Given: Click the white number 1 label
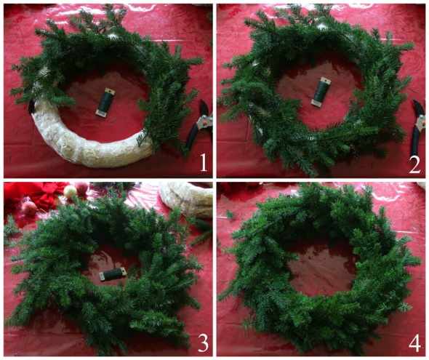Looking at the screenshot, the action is pyautogui.click(x=203, y=162).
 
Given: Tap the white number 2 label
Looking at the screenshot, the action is pyautogui.click(x=414, y=164).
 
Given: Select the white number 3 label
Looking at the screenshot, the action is pyautogui.click(x=203, y=343).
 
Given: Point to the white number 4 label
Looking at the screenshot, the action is pyautogui.click(x=414, y=343).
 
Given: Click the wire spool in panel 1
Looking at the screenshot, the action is pyautogui.click(x=103, y=103).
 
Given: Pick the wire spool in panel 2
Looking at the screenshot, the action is pyautogui.click(x=321, y=92).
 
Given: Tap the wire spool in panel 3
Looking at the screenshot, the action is pyautogui.click(x=112, y=274).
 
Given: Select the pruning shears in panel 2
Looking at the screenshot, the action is pyautogui.click(x=418, y=127).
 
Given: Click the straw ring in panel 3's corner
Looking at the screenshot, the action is pyautogui.click(x=189, y=199).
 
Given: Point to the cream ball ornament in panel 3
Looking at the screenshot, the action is pyautogui.click(x=70, y=191).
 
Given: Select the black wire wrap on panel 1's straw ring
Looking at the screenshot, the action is pyautogui.click(x=32, y=108).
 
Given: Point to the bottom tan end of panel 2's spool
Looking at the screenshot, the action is pyautogui.click(x=316, y=103).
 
